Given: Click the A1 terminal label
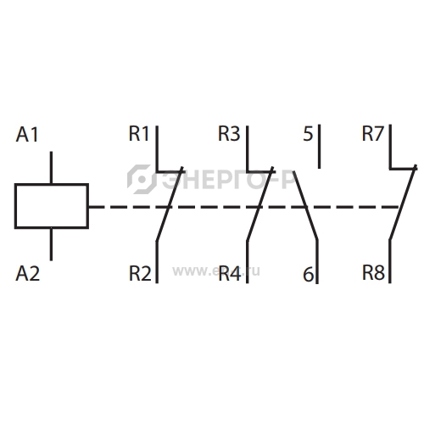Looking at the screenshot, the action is (27, 135).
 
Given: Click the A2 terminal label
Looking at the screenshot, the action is (28, 274).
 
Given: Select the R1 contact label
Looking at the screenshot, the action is (138, 133).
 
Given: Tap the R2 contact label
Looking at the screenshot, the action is (140, 274).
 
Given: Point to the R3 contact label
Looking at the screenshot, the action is (229, 133).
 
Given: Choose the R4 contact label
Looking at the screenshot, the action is (230, 274).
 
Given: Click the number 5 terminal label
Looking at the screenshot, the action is (308, 134).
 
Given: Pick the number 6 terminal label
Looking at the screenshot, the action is (308, 274).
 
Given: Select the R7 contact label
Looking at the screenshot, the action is (373, 133).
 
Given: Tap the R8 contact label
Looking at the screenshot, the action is (373, 273).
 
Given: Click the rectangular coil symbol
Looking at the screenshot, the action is (52, 184).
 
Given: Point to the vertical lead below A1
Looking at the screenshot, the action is (51, 167).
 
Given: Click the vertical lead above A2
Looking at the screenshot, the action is (51, 244).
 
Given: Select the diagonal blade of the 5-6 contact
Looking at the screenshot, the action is (305, 206).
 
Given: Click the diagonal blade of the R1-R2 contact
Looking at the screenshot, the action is (170, 204).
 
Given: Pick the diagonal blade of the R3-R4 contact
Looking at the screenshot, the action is (259, 204).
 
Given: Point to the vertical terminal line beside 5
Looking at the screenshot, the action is (320, 147).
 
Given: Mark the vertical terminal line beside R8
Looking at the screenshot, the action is (390, 261).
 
